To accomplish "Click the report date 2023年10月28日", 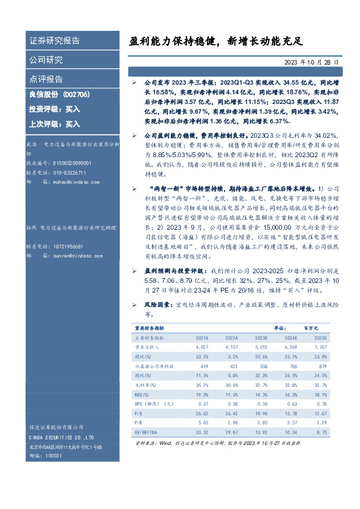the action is pyautogui.click(x=312, y=62).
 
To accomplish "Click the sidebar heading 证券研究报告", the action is pyautogui.click(x=54, y=41).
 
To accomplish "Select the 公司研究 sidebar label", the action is pyautogui.click(x=46, y=60).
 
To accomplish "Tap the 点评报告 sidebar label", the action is pyautogui.click(x=46, y=79).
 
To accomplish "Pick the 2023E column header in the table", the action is pyautogui.click(x=261, y=338).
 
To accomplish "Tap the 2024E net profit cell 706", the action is pyautogui.click(x=292, y=367).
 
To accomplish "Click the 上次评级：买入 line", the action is pyautogui.click(x=54, y=124).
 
